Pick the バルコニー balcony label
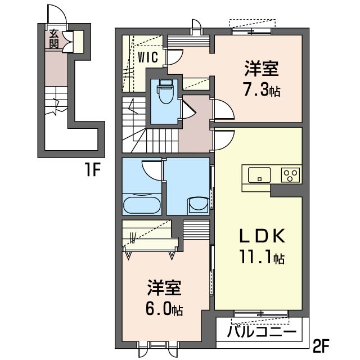click(x=262, y=332)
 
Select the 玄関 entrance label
click(x=53, y=38)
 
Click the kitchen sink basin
click(x=259, y=174)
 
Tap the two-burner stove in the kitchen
click(x=291, y=174)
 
